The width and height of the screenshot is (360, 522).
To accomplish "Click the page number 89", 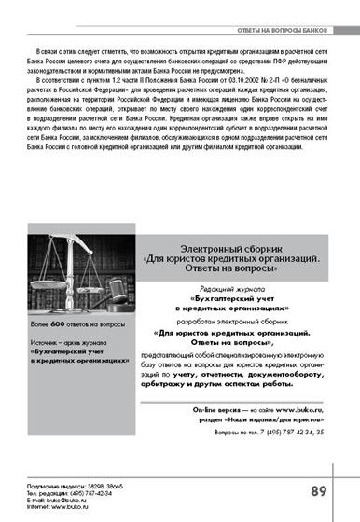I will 318,490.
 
